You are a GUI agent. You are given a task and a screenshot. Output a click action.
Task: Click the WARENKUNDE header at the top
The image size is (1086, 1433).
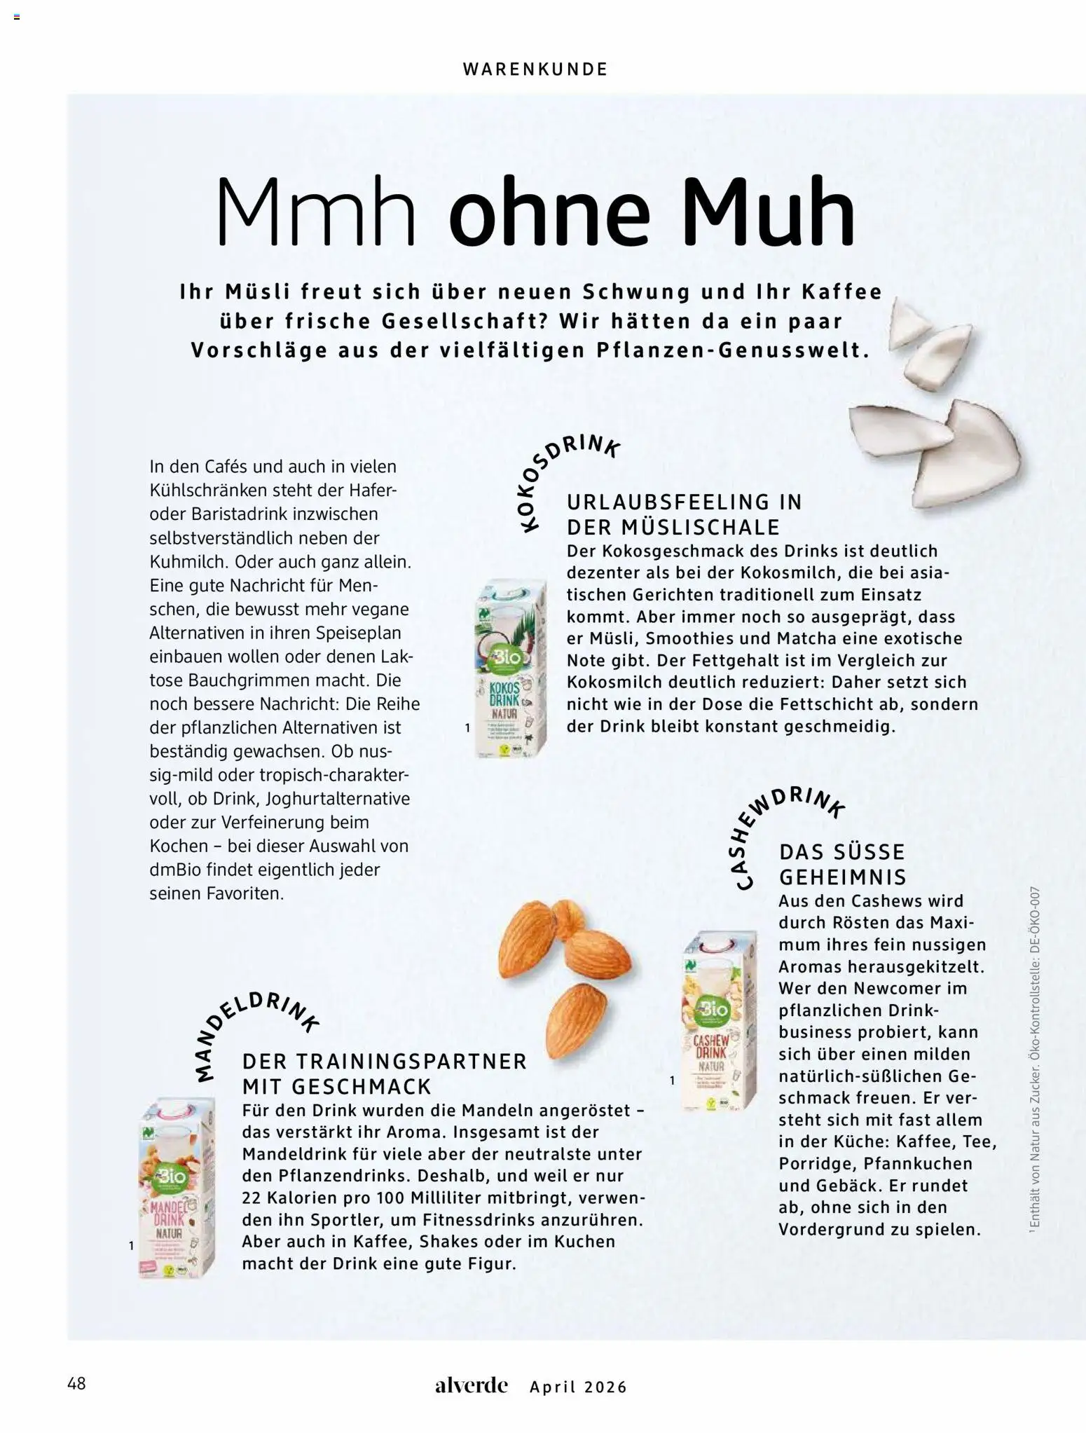pos(535,69)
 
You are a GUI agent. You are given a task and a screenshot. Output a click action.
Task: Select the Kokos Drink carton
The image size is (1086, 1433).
pos(509,668)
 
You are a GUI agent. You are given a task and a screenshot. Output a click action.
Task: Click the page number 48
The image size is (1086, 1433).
pos(76,1383)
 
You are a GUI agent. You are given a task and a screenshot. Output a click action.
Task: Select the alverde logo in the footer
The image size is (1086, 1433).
pos(471,1385)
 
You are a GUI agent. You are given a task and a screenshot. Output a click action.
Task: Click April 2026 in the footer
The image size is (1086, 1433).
pos(578,1387)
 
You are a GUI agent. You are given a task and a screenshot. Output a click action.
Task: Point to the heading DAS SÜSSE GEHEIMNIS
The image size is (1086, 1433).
pos(843,864)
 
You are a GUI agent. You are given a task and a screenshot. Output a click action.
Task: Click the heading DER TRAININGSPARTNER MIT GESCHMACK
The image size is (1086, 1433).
pos(384,1074)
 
